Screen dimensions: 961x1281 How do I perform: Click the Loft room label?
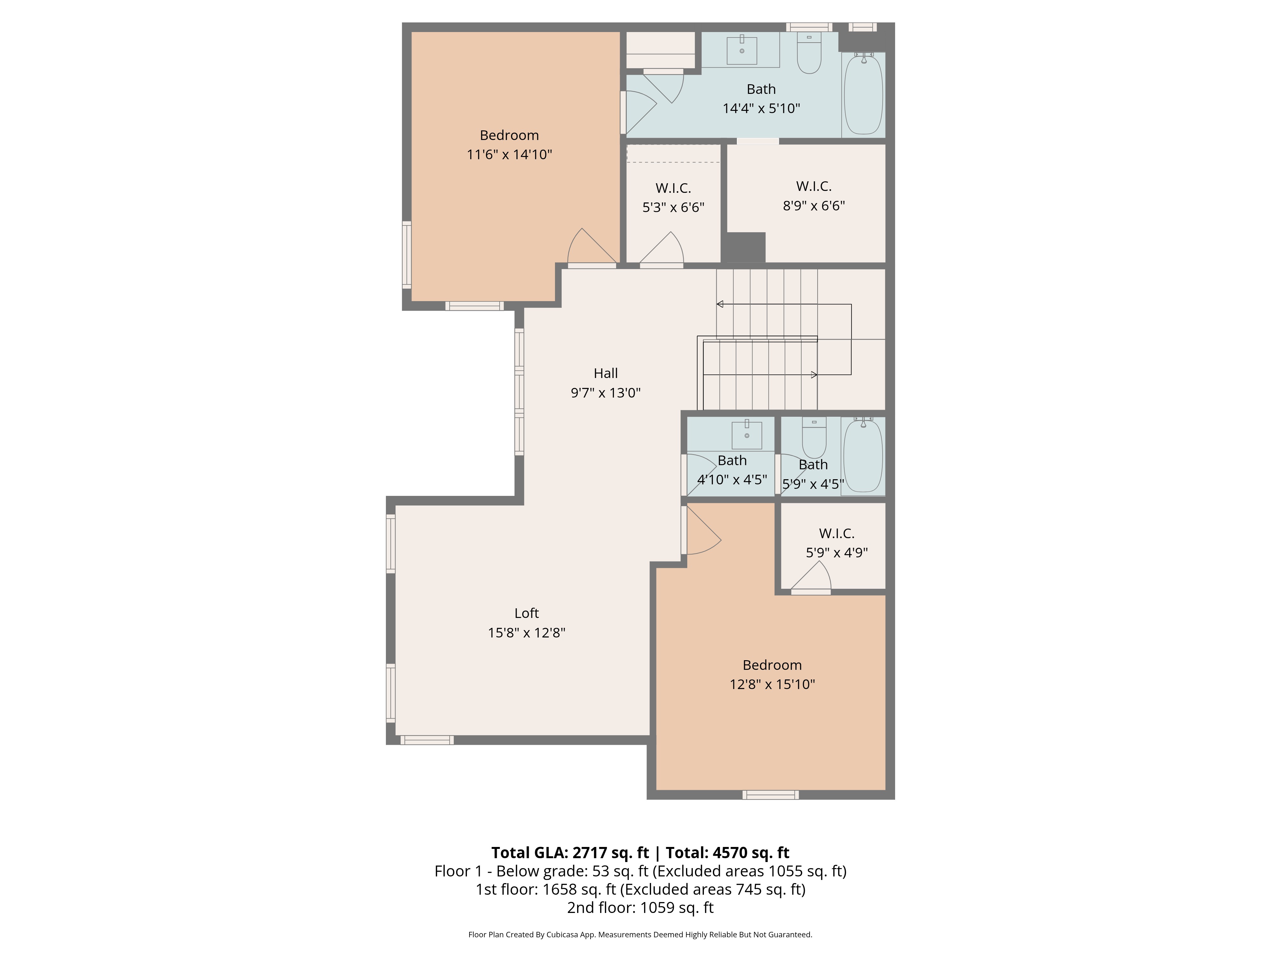point(526,613)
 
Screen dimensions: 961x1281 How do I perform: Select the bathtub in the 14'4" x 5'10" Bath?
point(863,94)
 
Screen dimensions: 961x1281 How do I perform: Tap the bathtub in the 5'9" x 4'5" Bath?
point(863,456)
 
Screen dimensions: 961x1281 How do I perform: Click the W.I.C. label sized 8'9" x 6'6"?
point(814,186)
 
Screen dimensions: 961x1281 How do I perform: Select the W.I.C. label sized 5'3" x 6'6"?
point(673,188)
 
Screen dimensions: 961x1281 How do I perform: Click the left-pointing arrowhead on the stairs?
point(720,304)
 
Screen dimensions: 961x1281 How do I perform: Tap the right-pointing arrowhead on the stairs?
point(814,375)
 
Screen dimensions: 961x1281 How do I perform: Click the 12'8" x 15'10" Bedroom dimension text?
point(772,684)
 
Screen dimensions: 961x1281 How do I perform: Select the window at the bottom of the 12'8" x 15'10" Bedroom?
point(770,795)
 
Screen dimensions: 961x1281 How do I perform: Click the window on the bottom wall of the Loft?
point(427,740)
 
